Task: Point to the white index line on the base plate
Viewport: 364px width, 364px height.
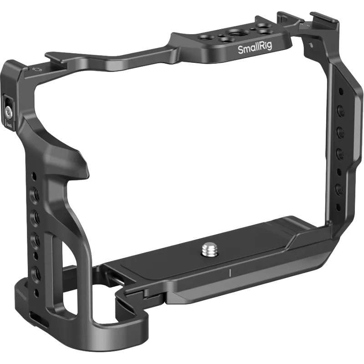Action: tap(231, 273)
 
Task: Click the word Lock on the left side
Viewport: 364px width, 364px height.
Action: tap(9, 122)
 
